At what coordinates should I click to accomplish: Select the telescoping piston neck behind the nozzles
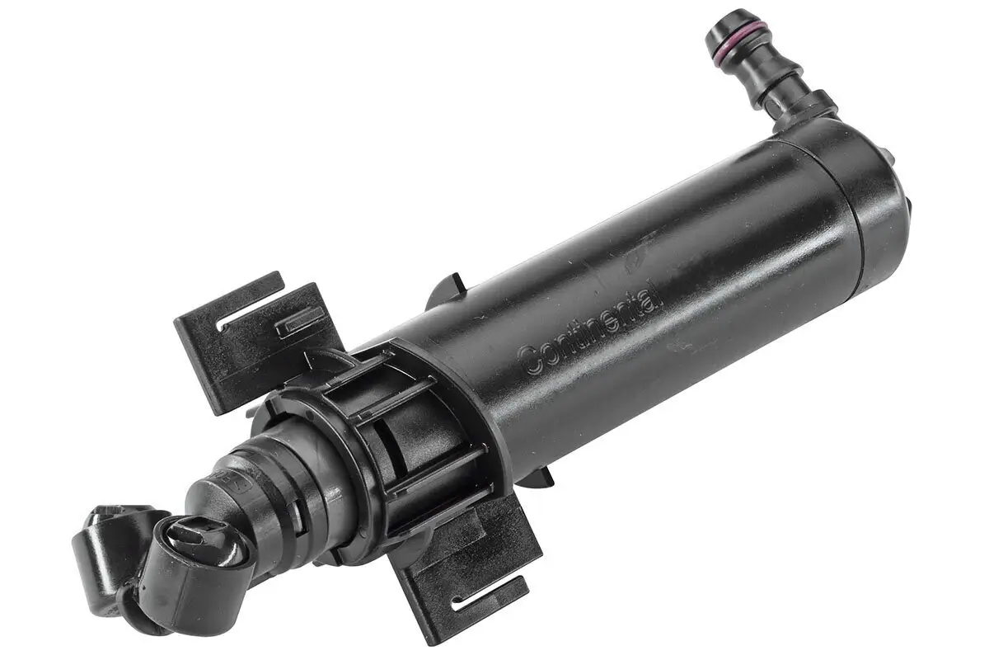click(x=272, y=487)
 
